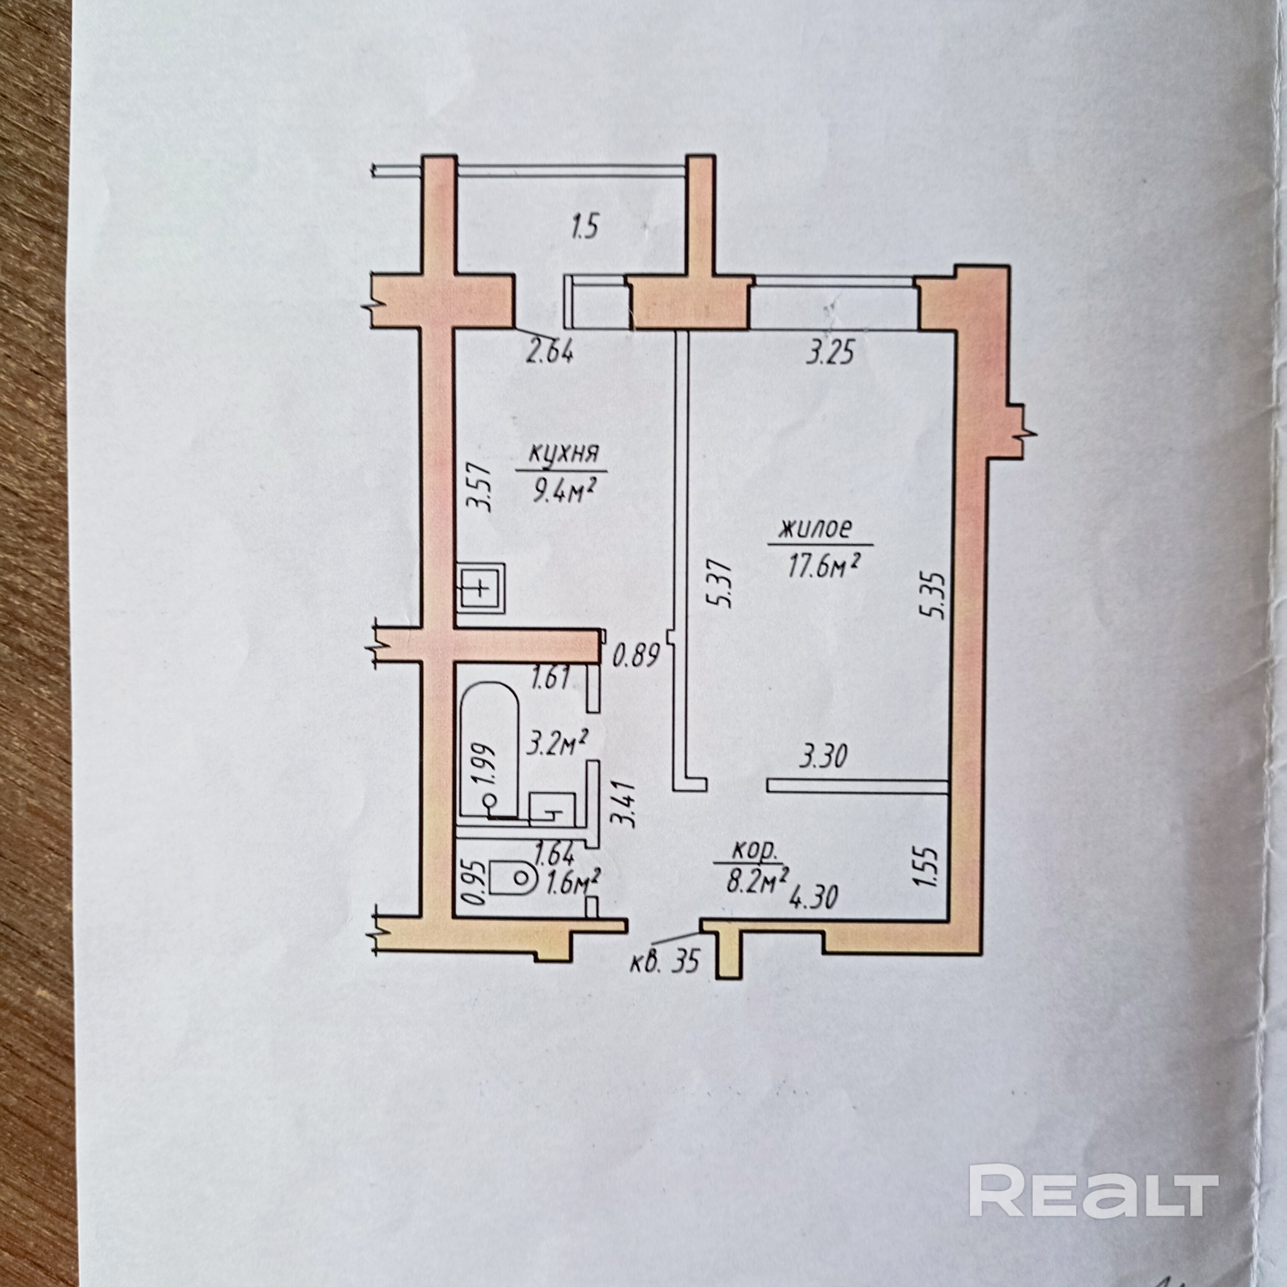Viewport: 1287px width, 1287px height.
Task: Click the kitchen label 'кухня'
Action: pos(563,454)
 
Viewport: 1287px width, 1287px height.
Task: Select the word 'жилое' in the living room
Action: pos(816,530)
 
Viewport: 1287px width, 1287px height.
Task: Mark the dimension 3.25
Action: pos(830,352)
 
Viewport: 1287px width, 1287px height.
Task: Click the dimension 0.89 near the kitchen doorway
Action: pos(636,656)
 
